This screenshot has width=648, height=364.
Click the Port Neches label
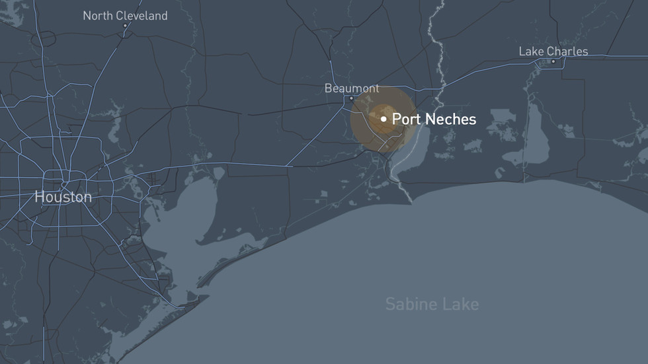point(434,120)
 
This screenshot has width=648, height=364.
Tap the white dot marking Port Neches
point(384,119)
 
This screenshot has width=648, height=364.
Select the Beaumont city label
point(352,88)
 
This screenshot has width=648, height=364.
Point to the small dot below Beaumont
point(352,98)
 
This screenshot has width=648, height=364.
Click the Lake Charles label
point(553,52)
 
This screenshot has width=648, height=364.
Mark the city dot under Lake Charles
point(553,61)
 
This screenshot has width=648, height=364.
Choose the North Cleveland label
point(125,16)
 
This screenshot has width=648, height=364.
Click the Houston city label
point(63,197)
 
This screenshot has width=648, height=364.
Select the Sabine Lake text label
point(432,304)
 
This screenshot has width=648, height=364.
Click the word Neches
point(452,120)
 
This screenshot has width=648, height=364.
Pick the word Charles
point(567,52)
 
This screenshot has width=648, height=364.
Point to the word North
point(98,16)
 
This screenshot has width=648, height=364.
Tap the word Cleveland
point(142,16)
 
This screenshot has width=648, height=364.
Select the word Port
point(405,120)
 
